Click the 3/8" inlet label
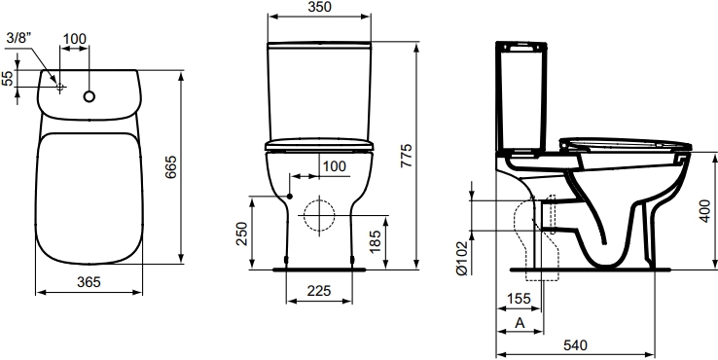click(18, 38)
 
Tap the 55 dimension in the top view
click(8, 78)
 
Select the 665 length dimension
click(171, 166)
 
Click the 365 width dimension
click(89, 282)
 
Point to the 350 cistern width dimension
click(319, 7)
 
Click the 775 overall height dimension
click(407, 156)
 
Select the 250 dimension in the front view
click(242, 234)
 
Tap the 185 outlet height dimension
click(375, 241)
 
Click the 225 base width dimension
click(319, 290)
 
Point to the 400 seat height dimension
click(705, 211)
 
